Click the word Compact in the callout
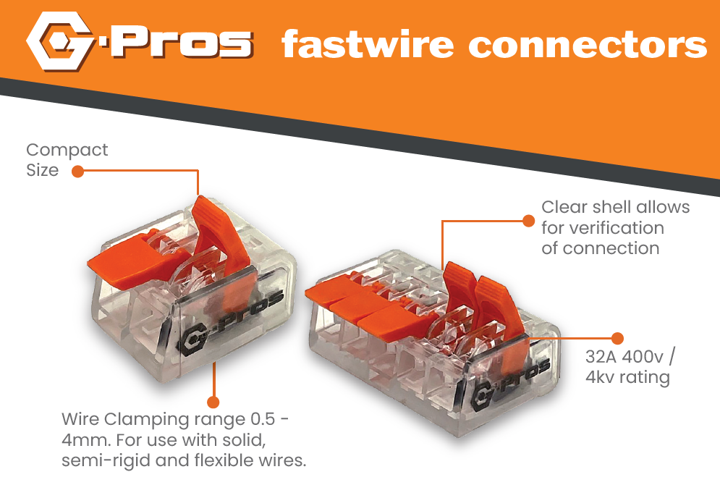pyautogui.click(x=67, y=150)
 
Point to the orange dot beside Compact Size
pyautogui.click(x=77, y=172)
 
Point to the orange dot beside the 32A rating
pyautogui.click(x=617, y=338)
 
